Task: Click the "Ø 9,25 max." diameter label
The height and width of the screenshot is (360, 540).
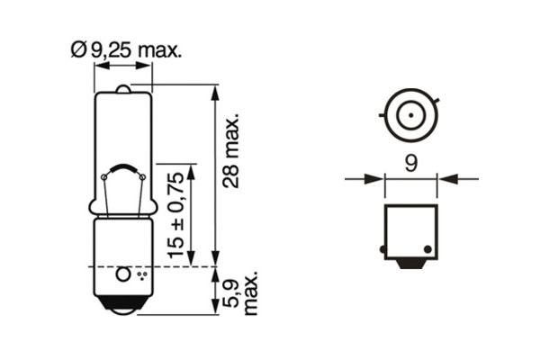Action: tap(125, 50)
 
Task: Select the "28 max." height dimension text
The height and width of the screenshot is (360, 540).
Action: tap(232, 148)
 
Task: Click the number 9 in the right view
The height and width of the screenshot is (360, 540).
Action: tap(410, 163)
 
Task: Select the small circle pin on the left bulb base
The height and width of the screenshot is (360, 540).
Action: tap(124, 271)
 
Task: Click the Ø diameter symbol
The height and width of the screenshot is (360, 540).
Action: tap(77, 50)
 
